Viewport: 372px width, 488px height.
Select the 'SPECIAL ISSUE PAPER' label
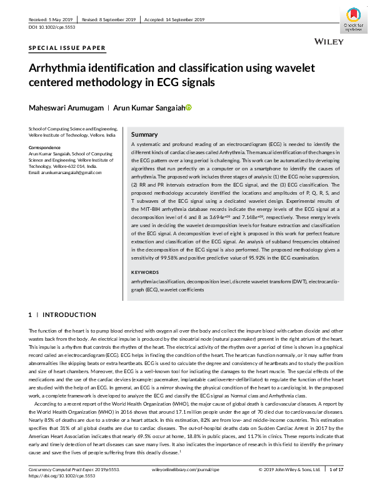[x=68, y=48]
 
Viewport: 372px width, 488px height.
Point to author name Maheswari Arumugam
[x=64, y=107]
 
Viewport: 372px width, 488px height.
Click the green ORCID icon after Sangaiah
[x=189, y=107]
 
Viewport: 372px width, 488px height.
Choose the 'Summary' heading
[x=144, y=135]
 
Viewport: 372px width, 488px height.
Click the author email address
[x=65, y=172]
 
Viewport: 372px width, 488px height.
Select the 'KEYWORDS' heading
[x=146, y=273]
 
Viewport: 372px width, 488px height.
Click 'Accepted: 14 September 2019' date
[x=174, y=19]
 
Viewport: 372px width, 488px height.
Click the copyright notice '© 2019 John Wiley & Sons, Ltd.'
[x=289, y=469]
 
